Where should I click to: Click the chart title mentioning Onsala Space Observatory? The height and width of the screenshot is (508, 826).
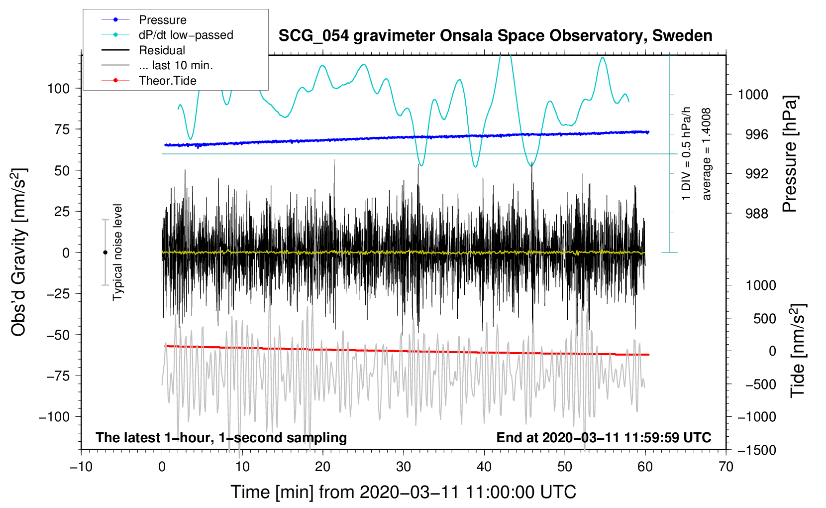click(x=495, y=36)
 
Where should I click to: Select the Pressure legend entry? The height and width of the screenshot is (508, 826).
click(x=162, y=20)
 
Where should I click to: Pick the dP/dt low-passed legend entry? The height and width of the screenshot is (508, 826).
click(x=186, y=35)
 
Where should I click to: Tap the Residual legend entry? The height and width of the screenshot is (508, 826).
click(x=162, y=50)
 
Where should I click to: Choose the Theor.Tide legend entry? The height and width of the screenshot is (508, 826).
click(x=167, y=81)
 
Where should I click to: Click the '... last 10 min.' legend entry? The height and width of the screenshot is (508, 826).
click(x=176, y=65)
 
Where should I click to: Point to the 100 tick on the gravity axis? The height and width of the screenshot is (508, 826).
click(x=58, y=89)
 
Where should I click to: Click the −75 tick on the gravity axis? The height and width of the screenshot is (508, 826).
click(x=58, y=376)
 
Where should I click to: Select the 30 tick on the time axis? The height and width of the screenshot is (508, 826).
click(x=404, y=467)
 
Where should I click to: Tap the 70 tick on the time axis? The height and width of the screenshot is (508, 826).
click(x=726, y=467)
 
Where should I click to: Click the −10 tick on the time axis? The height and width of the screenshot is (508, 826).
click(x=81, y=467)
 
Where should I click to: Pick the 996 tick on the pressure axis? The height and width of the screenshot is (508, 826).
click(x=753, y=134)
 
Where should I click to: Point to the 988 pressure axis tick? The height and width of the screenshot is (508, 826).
click(x=753, y=214)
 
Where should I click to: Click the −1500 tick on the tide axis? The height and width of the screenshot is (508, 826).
click(x=757, y=450)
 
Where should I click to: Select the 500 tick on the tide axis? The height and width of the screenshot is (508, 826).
click(x=765, y=319)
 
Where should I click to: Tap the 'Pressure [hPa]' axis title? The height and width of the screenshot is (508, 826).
click(x=790, y=154)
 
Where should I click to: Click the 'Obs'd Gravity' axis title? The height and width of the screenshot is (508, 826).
click(x=19, y=253)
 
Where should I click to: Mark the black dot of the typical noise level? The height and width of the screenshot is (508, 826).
click(x=105, y=253)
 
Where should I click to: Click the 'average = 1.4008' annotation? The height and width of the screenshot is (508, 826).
click(x=707, y=154)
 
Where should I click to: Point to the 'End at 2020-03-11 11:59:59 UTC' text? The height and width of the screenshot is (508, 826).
click(x=604, y=438)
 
